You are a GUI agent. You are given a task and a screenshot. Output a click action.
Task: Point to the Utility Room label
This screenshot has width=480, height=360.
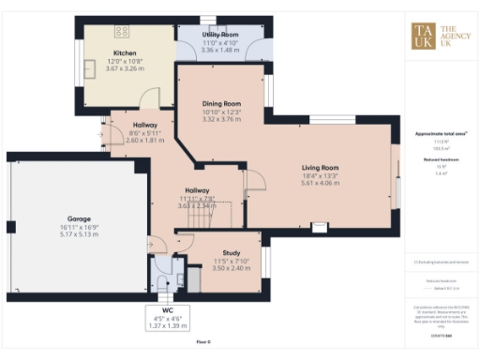(222, 34)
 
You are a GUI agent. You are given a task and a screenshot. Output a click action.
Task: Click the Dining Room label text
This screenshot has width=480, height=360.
(222, 104)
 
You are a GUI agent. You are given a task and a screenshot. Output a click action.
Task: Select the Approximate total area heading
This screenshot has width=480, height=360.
(441, 133)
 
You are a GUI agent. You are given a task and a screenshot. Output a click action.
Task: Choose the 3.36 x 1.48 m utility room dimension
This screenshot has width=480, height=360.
(222, 49)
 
